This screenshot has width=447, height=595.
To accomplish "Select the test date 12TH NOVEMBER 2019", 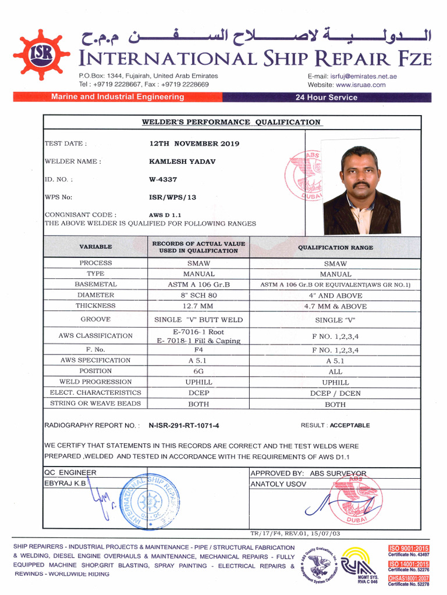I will (x=194, y=144).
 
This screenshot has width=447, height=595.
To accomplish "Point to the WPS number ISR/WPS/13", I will (x=172, y=198).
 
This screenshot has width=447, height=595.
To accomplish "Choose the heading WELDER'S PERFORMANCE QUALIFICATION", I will (x=231, y=123).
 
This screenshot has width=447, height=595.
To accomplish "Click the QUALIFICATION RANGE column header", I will (x=335, y=248).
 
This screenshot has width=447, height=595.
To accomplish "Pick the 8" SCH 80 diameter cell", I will (x=198, y=295).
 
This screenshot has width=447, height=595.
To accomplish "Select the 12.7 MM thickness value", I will (x=198, y=306).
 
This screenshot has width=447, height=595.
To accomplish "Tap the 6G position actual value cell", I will (x=198, y=371).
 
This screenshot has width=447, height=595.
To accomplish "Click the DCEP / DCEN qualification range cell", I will (x=335, y=393).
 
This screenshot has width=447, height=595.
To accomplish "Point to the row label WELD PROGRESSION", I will (x=95, y=382).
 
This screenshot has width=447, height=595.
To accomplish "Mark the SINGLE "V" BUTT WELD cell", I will (x=198, y=320).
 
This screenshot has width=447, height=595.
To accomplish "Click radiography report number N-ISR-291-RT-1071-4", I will (x=184, y=426).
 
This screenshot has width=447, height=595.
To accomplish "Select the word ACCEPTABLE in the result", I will (x=350, y=425).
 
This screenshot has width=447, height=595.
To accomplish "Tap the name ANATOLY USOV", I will (x=278, y=484).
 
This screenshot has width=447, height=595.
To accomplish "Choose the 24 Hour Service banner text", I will (x=327, y=98).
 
